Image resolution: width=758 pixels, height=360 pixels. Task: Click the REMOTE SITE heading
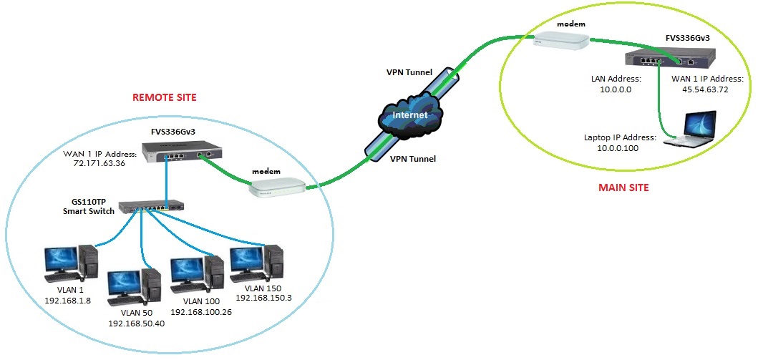point(164,97)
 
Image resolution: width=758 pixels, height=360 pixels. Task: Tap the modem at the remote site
point(278,188)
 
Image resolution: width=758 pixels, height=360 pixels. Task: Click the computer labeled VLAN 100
point(195,272)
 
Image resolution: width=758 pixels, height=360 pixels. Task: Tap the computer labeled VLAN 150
point(256,262)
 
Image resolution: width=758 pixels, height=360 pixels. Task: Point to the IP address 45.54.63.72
point(706,89)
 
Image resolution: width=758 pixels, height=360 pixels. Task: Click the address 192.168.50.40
point(137,323)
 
